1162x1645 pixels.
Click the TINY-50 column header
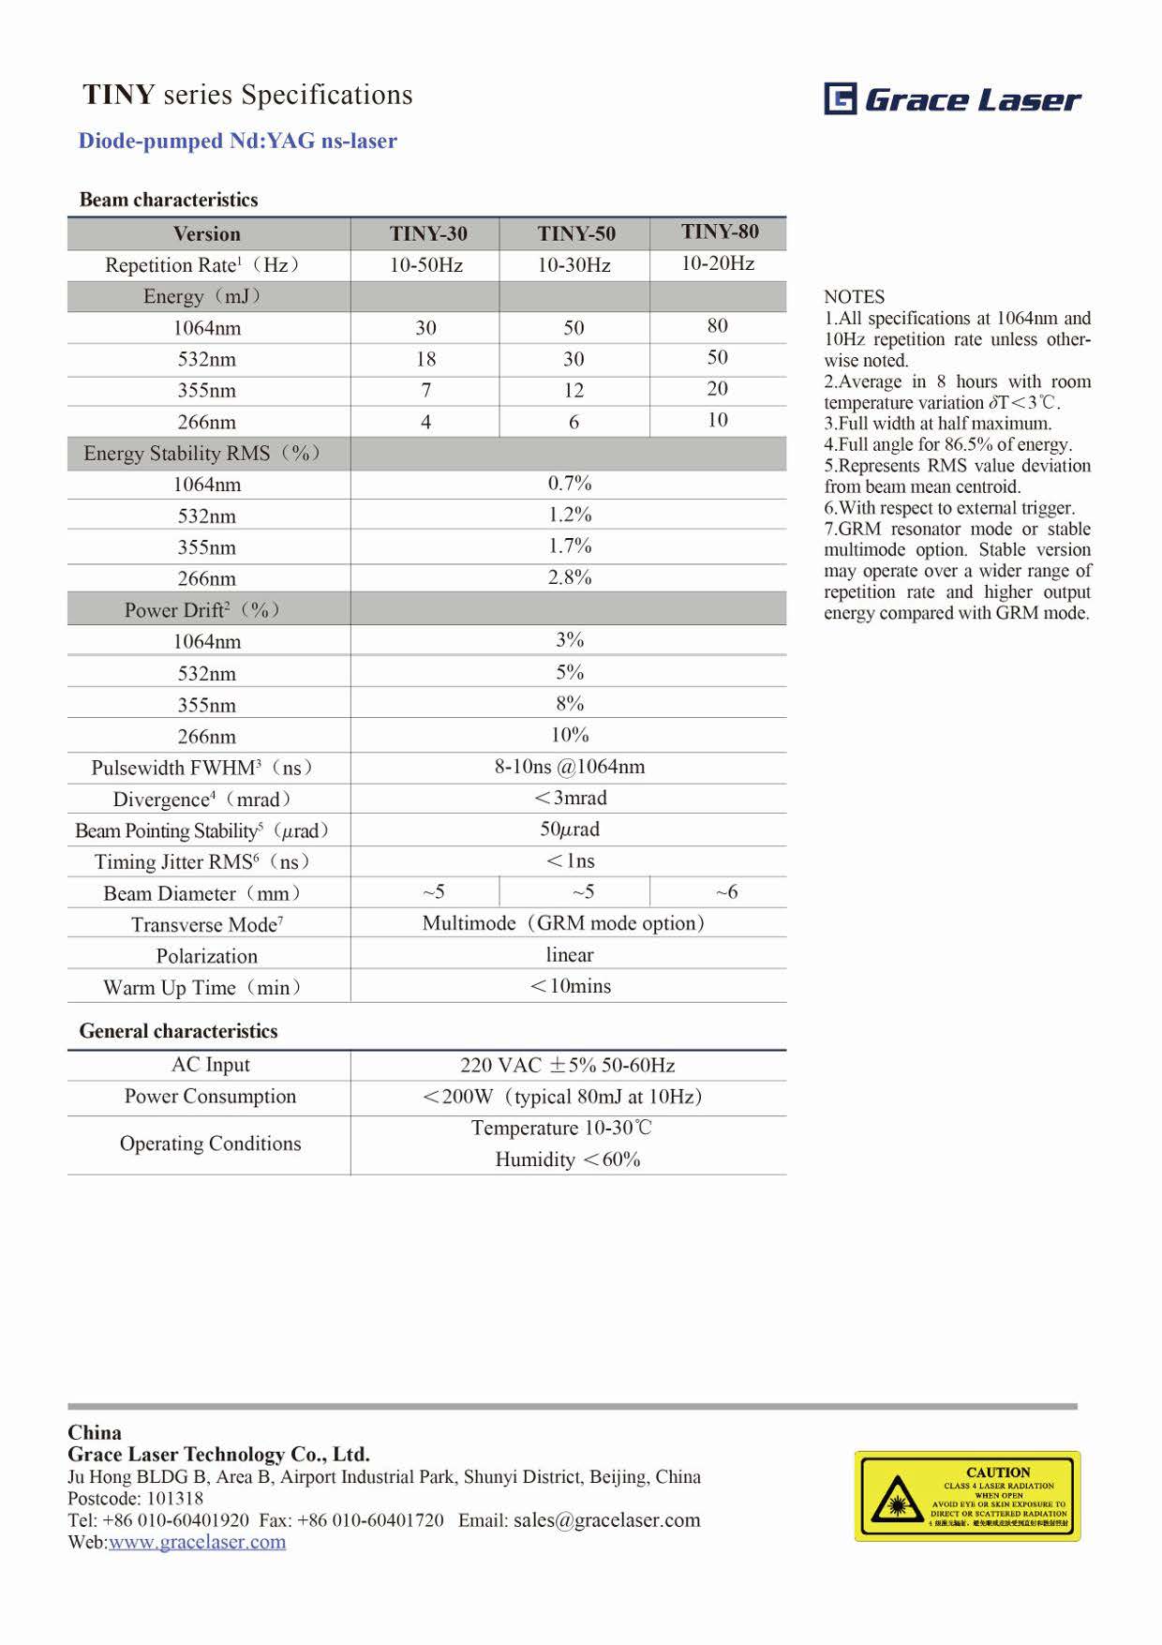click(575, 233)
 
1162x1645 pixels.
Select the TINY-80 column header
click(720, 232)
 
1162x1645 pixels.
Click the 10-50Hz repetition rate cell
click(426, 265)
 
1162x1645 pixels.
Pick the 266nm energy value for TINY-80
click(718, 420)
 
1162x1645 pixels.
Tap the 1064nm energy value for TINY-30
click(426, 327)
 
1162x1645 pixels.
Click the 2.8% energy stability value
click(570, 577)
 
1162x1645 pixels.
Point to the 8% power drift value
click(570, 703)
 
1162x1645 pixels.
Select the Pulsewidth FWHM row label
click(202, 768)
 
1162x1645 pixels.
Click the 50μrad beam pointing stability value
click(570, 830)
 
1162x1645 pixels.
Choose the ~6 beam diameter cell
click(726, 892)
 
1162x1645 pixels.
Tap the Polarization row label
click(206, 956)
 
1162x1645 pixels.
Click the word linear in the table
click(570, 954)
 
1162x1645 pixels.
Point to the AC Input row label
click(210, 1065)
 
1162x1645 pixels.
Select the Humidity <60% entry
click(568, 1159)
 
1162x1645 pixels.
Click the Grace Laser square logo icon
click(840, 98)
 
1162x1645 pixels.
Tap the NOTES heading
click(854, 297)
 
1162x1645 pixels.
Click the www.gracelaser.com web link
click(197, 1542)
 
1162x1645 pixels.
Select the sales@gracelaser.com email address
click(606, 1519)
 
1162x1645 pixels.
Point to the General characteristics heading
click(178, 1031)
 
